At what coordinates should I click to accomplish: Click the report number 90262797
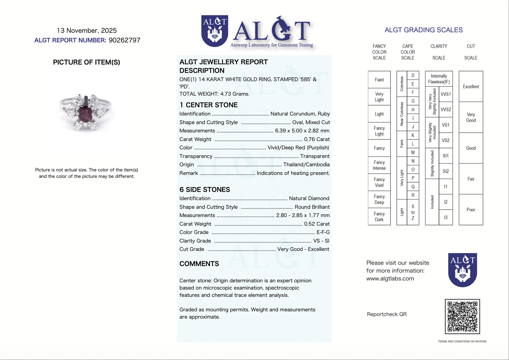124,40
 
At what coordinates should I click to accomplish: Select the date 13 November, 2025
87,31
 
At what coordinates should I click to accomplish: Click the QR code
462,316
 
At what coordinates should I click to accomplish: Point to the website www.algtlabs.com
390,279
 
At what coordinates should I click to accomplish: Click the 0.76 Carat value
317,139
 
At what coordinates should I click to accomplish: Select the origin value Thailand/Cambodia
306,165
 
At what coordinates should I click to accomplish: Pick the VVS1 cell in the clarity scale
446,94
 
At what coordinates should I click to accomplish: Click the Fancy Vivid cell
379,182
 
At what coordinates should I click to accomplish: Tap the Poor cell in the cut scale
471,210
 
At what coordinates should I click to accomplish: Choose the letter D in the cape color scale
413,75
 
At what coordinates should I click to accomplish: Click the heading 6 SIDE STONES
205,190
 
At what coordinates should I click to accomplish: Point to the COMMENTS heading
199,264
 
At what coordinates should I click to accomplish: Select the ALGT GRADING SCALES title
423,30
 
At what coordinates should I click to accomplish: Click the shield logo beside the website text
463,269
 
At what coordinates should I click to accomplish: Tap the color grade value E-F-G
323,232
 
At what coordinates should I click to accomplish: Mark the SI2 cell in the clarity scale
446,171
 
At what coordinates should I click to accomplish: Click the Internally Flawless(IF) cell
439,79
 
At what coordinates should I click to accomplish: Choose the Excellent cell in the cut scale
471,87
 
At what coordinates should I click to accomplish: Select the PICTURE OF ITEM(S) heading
87,62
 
